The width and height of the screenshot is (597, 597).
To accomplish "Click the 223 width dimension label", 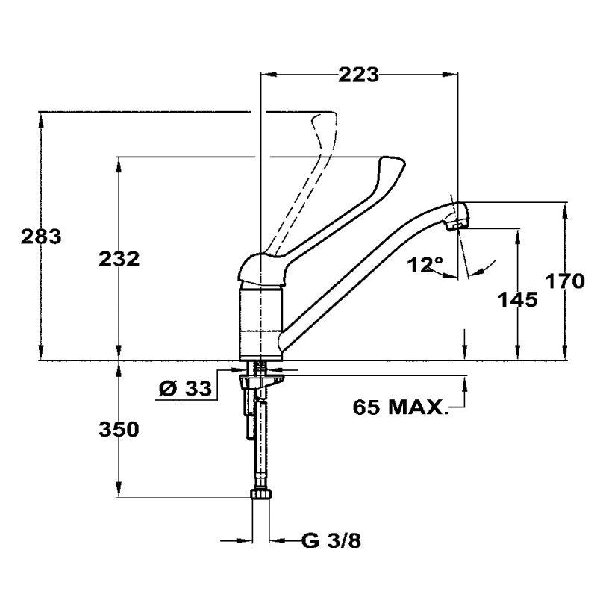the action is (358, 75).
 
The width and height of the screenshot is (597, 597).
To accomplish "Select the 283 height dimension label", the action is (41, 237).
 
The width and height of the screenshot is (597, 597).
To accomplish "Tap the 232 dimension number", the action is (119, 260).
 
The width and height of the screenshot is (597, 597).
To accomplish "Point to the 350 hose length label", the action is (119, 430).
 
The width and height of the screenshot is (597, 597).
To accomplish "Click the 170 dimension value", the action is (565, 281).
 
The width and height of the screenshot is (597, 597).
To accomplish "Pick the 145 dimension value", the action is (518, 299).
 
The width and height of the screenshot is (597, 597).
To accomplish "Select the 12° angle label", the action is (425, 265).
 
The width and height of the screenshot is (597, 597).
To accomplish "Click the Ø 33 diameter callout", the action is (185, 389).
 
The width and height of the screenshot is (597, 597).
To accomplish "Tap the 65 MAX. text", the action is (400, 407).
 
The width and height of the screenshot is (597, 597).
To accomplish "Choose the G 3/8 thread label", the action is (331, 540).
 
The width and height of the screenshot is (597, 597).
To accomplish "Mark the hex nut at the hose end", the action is (261, 494).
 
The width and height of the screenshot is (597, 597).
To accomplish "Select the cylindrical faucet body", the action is (260, 324).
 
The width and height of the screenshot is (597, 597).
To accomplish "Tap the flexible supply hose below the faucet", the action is (261, 446).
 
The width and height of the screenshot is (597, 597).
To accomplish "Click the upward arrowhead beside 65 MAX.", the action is (464, 384).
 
